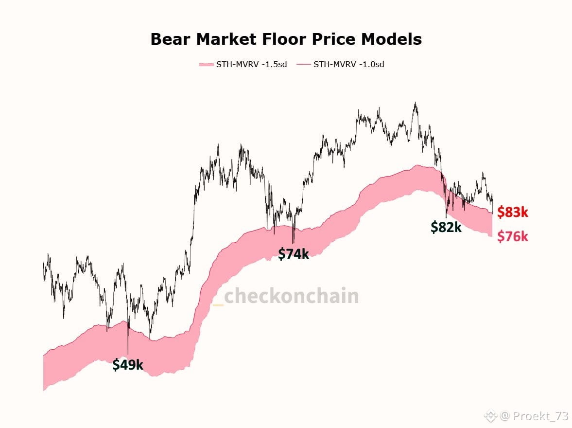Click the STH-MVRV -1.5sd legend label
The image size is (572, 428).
[251, 64]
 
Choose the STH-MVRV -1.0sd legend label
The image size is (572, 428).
[349, 64]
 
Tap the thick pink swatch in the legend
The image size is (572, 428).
[206, 64]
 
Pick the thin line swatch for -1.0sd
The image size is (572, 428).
[303, 64]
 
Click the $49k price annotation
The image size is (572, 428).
[128, 364]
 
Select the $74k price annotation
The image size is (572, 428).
[293, 253]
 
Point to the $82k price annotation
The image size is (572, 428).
[446, 227]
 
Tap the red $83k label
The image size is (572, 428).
[512, 212]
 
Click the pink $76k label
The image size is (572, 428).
[512, 237]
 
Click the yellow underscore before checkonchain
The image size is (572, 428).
[218, 304]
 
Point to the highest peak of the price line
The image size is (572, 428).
[415, 103]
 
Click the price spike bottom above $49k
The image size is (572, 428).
[128, 353]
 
